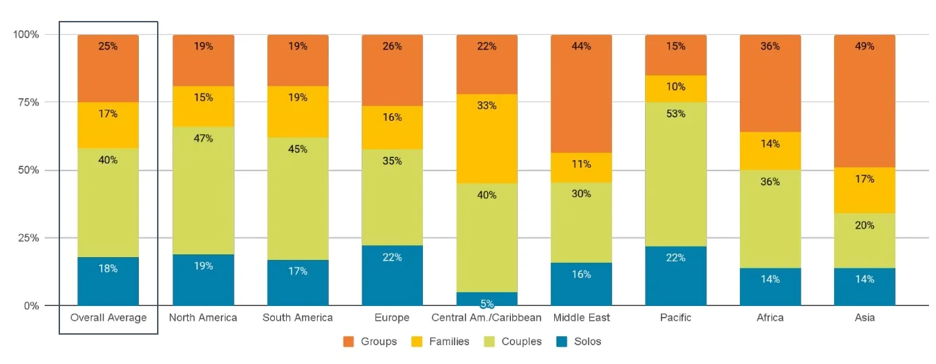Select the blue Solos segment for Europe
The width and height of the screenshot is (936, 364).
click(x=392, y=275)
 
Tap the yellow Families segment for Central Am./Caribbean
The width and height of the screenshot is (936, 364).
click(x=487, y=138)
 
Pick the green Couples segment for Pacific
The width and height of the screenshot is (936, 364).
click(x=676, y=175)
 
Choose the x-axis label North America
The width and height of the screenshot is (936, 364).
click(x=203, y=318)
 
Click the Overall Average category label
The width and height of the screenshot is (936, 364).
click(x=108, y=318)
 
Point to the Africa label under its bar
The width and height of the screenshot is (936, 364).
click(x=770, y=318)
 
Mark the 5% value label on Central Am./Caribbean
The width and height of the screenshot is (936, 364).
click(x=487, y=304)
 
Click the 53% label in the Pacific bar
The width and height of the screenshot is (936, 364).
click(x=676, y=114)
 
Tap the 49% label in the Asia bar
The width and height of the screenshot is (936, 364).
click(x=864, y=46)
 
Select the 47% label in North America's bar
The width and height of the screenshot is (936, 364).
click(x=203, y=138)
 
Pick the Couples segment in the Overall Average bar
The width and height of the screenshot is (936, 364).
click(x=108, y=203)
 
